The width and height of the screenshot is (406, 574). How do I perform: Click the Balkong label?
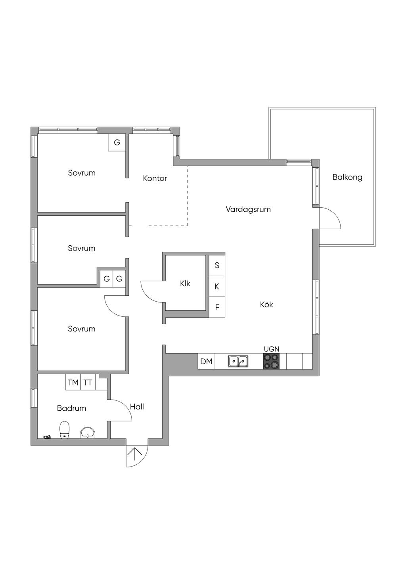click(x=347, y=177)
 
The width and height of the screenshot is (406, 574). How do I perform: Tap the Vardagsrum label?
click(x=248, y=209)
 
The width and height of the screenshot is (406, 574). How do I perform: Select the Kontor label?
click(x=155, y=178)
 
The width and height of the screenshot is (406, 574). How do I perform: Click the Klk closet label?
click(x=185, y=283)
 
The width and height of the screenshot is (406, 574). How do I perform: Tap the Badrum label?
click(x=71, y=408)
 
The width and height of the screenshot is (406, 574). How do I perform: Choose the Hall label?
click(x=137, y=407)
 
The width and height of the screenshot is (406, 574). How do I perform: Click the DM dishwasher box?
click(x=206, y=361)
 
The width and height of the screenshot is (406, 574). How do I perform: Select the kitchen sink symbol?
click(x=238, y=361)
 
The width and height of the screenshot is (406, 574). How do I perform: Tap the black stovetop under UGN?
click(x=271, y=361)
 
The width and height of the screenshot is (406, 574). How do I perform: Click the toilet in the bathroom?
click(x=64, y=430)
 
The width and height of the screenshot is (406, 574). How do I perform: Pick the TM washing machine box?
click(x=73, y=382)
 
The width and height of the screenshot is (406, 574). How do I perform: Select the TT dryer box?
click(x=88, y=382)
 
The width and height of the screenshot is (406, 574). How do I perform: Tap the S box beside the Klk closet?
click(x=217, y=265)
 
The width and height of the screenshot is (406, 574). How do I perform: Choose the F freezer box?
click(x=217, y=307)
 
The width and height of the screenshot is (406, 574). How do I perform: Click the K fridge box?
click(x=217, y=287)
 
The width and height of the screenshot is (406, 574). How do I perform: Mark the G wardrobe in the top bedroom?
click(x=117, y=142)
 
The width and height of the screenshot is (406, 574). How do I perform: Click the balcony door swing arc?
click(x=334, y=215)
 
